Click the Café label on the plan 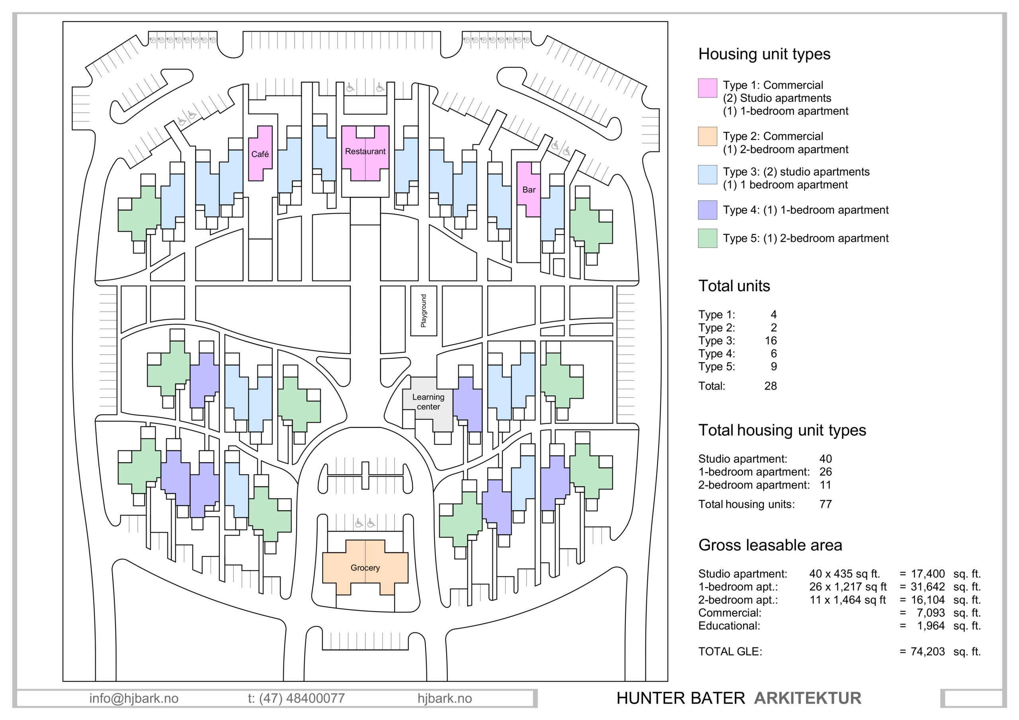tap(260, 154)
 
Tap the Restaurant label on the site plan tap(365, 151)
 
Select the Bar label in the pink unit tap(529, 190)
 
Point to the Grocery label tap(365, 568)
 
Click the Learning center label tap(428, 402)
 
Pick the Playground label tap(424, 311)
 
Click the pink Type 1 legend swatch tap(707, 88)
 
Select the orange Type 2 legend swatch tap(707, 136)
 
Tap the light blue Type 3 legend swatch tap(707, 174)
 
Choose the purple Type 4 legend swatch tap(707, 210)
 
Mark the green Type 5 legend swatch tap(707, 238)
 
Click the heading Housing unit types tap(764, 54)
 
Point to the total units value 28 tap(771, 386)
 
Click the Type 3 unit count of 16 tap(771, 341)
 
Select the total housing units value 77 tap(826, 504)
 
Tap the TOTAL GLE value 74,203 tap(927, 652)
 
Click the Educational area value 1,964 tap(931, 626)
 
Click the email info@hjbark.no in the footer tap(134, 699)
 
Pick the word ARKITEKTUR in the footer tap(807, 698)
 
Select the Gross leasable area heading tap(770, 545)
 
